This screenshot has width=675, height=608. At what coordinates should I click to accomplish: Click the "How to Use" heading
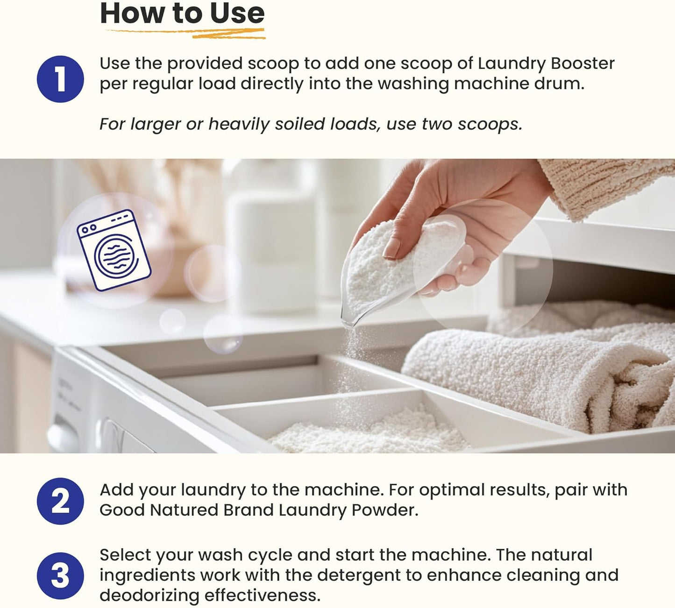click(182, 14)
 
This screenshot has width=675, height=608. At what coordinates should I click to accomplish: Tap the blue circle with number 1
click(60, 79)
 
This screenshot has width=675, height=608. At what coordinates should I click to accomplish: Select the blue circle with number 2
click(60, 501)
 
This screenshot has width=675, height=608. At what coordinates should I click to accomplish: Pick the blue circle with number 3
click(60, 576)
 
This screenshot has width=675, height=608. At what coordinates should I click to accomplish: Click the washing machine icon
click(114, 250)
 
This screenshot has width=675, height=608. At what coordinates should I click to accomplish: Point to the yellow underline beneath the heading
click(187, 33)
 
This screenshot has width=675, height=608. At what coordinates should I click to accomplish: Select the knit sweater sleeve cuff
click(607, 187)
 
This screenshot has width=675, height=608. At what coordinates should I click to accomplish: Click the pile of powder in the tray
click(369, 432)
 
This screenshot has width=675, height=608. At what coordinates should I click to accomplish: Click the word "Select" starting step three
click(125, 555)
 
